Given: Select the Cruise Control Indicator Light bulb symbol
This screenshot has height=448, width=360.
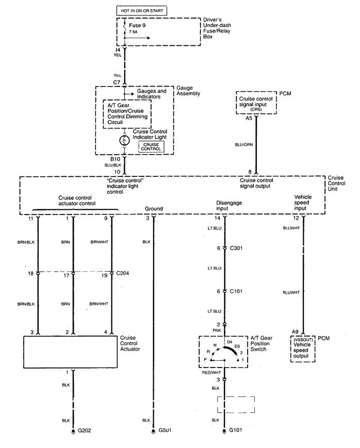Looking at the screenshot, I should point(124,140).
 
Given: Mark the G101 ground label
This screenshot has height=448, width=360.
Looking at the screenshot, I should point(237,429).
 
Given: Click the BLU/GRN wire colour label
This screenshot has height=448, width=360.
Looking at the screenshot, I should point(242,146).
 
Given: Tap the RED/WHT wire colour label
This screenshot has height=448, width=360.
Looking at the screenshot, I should point(212,371).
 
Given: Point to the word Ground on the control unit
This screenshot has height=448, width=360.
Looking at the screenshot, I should point(154,209).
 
